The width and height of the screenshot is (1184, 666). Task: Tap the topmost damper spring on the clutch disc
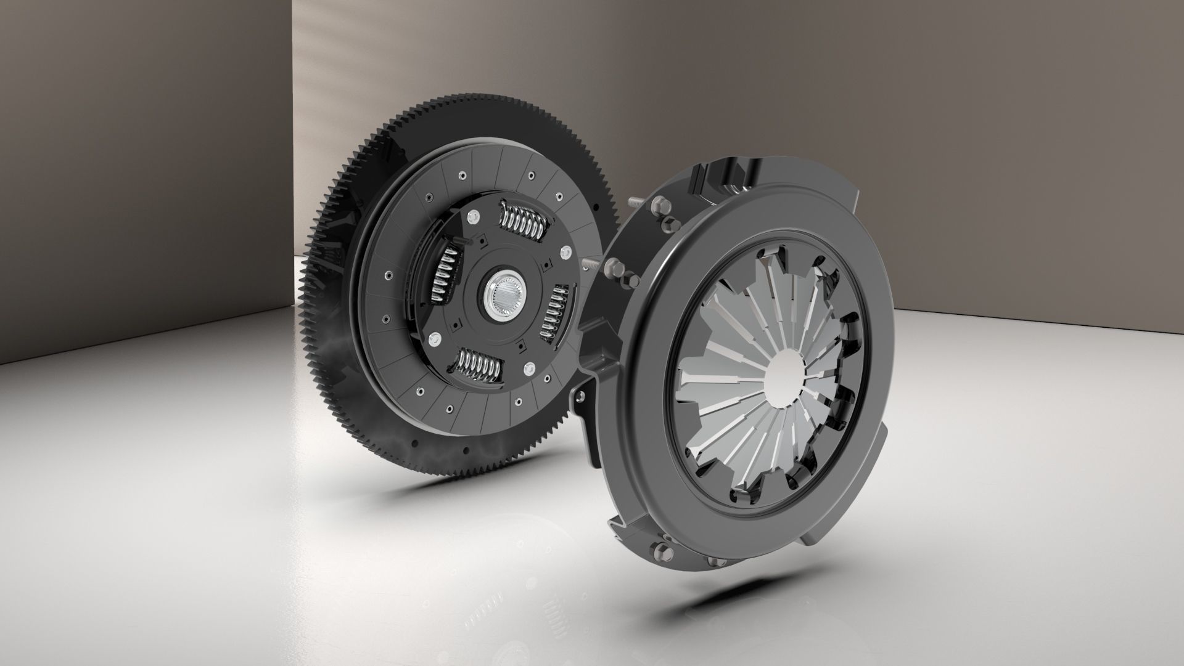pos(523,220)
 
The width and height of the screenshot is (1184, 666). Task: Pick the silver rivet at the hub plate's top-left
pos(473,216)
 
